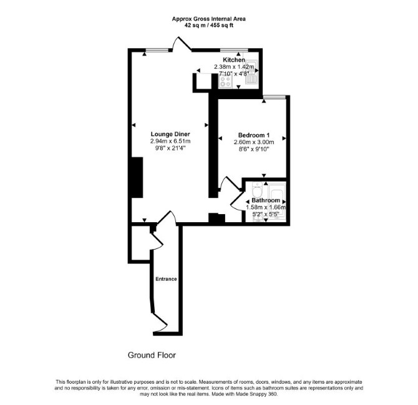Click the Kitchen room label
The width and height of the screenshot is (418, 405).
tap(234, 60)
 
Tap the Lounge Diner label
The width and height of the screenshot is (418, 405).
tap(170, 134)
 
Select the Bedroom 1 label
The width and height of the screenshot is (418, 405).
tap(252, 135)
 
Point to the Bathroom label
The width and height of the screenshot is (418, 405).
tap(266, 200)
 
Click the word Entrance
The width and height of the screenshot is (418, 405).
tap(166, 279)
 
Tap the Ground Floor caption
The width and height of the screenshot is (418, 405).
tap(152, 355)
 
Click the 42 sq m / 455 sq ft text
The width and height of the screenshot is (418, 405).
tap(209, 26)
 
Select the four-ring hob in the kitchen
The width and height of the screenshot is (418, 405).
tap(225, 81)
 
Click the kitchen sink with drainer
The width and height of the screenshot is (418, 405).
tap(251, 72)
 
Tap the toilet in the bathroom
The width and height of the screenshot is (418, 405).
tap(257, 189)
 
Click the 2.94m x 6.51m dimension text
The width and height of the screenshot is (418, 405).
tap(170, 141)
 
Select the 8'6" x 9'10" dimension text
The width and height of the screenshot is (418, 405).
tap(254, 149)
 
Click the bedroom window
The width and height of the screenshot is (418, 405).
tap(275, 97)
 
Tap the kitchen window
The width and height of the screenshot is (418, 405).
tap(234, 50)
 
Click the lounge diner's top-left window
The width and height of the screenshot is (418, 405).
tap(157, 50)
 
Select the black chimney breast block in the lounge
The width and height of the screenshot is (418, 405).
tap(137, 177)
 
